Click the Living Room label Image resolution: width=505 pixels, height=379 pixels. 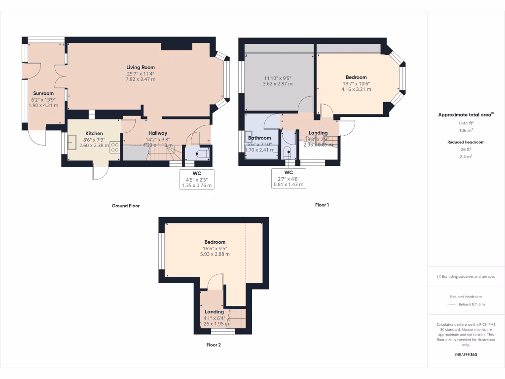(141, 67)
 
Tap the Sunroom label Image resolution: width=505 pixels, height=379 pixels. (43, 93)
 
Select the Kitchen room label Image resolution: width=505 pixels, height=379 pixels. (94, 134)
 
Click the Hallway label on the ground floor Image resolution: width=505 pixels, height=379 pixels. (158, 133)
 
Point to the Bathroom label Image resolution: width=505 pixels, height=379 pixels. (259, 138)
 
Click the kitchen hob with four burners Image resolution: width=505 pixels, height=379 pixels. (114, 147)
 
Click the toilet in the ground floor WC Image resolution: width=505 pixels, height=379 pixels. (201, 153)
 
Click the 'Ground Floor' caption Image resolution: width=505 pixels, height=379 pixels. (126, 206)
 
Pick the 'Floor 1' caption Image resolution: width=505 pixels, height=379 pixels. (322, 205)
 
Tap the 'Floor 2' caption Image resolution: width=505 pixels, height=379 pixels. (214, 345)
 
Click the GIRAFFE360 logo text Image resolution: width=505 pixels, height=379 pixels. (466, 355)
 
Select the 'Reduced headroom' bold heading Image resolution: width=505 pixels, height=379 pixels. (466, 142)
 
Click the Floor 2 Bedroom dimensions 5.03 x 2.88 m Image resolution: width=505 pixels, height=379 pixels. (215, 254)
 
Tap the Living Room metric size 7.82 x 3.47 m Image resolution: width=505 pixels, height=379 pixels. (141, 79)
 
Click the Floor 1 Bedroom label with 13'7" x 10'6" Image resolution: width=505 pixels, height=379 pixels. (356, 77)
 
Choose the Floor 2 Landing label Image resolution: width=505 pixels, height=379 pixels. (215, 312)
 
